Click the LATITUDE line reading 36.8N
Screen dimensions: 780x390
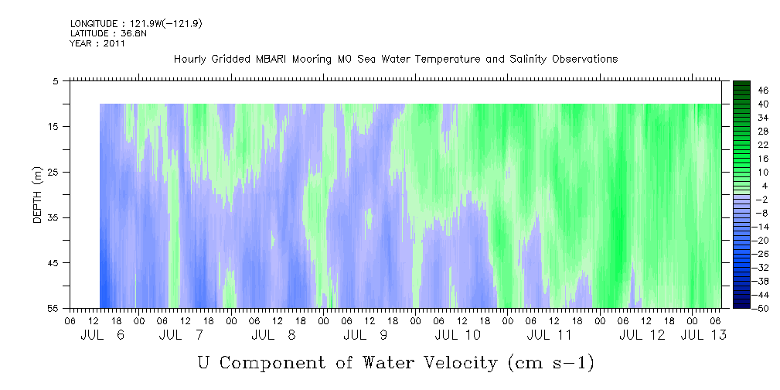108,33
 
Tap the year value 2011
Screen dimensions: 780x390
115,43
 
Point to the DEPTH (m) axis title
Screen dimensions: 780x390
38,195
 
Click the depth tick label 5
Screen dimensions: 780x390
55,81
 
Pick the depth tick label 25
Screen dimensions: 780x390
52,173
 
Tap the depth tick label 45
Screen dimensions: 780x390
52,263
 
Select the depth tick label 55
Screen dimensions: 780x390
52,308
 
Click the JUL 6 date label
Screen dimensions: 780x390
102,335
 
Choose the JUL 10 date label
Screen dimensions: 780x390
458,335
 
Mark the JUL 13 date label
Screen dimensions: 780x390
703,335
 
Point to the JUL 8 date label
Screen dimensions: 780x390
274,335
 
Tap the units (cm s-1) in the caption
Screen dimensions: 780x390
550,363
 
